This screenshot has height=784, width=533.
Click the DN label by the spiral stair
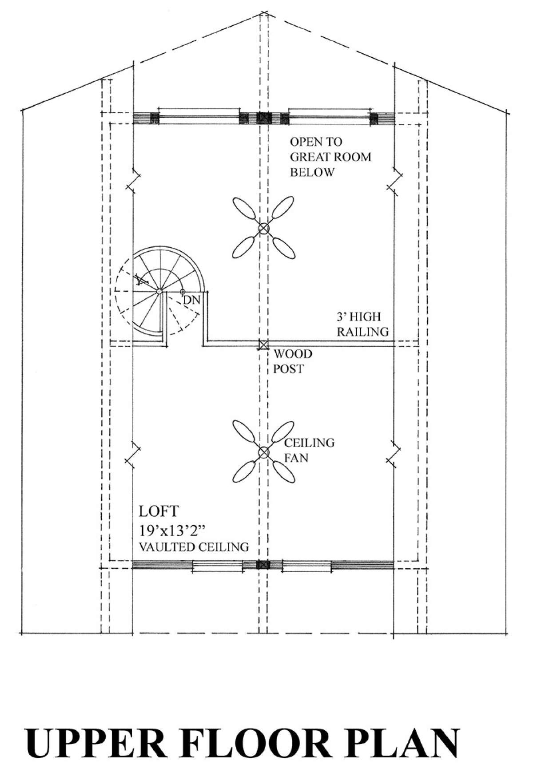[192, 300]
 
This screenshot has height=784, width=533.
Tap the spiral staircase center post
[159, 291]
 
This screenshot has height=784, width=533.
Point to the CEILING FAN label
[309, 450]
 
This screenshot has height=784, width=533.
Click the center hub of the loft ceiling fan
[264, 452]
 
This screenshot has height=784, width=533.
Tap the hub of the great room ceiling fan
[264, 229]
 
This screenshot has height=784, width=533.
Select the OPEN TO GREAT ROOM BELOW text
[330, 157]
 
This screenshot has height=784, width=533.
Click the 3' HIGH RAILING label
[362, 324]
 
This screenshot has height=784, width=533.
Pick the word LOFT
[159, 511]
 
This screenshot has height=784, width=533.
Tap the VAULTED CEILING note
[194, 546]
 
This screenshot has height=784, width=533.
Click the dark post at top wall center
[264, 118]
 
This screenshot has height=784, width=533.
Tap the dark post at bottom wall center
[263, 565]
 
